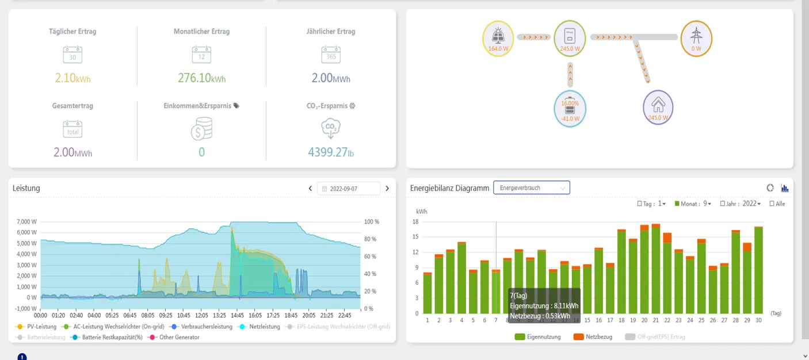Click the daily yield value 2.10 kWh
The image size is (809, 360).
pyautogui.click(x=72, y=78)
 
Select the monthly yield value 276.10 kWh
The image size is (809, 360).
pyautogui.click(x=201, y=78)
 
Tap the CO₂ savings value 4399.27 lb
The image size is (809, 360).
pyautogui.click(x=330, y=152)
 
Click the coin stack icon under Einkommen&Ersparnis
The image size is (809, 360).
pyautogui.click(x=201, y=128)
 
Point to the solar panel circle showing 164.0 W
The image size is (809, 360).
pyautogui.click(x=498, y=37)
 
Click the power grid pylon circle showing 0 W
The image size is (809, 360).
pyautogui.click(x=696, y=37)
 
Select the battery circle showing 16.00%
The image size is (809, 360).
pyautogui.click(x=570, y=109)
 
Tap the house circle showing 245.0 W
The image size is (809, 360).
pyautogui.click(x=658, y=108)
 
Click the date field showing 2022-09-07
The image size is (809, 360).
pyautogui.click(x=349, y=189)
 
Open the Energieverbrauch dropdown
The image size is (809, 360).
pyautogui.click(x=531, y=188)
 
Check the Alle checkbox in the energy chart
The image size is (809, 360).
pyautogui.click(x=773, y=204)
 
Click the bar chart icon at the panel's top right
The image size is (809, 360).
pyautogui.click(x=785, y=188)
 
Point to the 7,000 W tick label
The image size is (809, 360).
pyautogui.click(x=26, y=222)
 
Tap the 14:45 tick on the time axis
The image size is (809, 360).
pyautogui.click(x=237, y=316)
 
